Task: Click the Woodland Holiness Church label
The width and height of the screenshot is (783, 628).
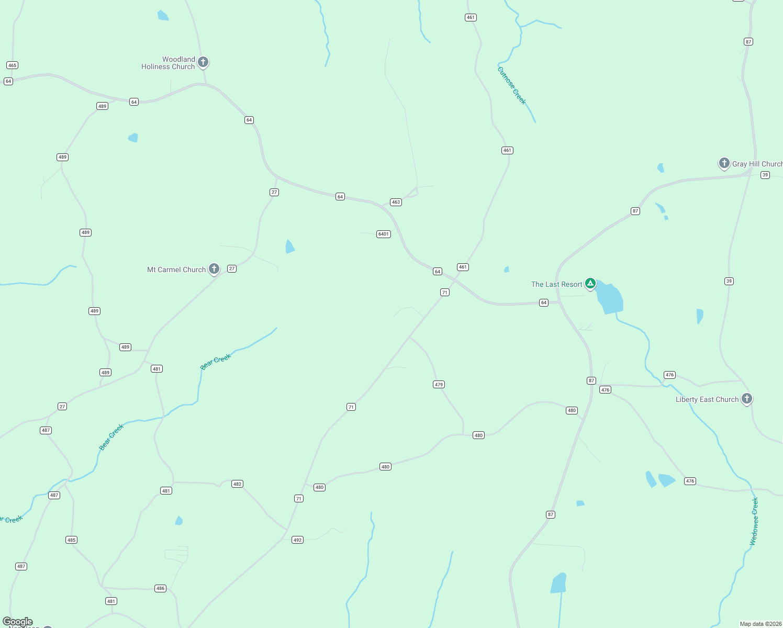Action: [168, 63]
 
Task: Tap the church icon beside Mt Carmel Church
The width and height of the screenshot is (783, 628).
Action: [214, 269]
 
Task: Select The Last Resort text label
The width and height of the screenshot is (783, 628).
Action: [556, 285]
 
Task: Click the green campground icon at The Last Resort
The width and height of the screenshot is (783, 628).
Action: [590, 284]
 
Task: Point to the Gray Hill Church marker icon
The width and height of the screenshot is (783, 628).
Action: [724, 163]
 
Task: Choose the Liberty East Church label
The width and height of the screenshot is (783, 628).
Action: [707, 400]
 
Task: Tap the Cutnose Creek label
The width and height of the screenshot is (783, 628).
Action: [511, 85]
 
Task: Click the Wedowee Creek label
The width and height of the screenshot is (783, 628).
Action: [754, 521]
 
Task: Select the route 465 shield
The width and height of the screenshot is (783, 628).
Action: [12, 65]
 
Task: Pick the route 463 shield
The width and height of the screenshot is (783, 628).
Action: [396, 202]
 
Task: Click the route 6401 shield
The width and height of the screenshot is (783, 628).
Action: [384, 234]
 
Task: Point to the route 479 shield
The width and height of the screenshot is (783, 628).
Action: [439, 385]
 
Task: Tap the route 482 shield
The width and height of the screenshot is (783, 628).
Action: [237, 484]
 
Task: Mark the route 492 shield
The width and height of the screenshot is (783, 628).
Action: [297, 540]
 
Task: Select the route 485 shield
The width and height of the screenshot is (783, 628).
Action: [71, 540]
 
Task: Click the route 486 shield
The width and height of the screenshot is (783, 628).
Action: [160, 589]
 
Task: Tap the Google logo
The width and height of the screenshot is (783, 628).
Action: [18, 622]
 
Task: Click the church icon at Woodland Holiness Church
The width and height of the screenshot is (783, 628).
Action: [203, 62]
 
